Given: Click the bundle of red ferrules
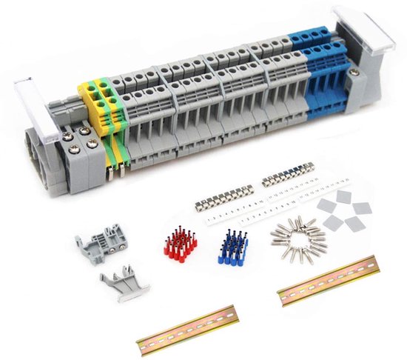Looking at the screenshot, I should click(x=178, y=245).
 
